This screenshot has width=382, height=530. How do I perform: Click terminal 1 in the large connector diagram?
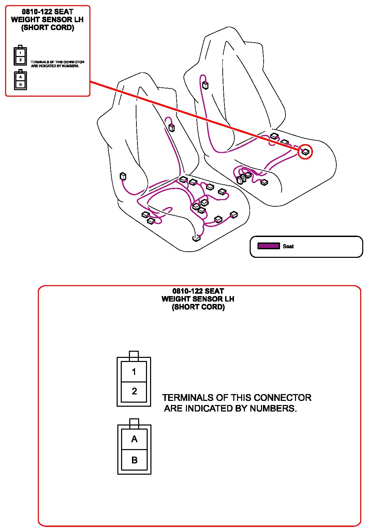[x=134, y=372]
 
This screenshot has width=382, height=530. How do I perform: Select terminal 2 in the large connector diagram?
[x=134, y=391]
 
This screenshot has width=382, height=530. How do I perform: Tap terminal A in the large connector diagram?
[x=134, y=439]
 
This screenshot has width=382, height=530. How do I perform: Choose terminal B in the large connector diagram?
[x=134, y=460]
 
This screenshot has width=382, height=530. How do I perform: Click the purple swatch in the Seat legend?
[x=268, y=246]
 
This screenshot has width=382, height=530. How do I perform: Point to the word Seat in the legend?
[x=288, y=246]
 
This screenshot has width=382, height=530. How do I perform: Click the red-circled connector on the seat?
[x=305, y=152]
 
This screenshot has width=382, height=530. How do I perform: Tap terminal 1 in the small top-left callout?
[x=20, y=53]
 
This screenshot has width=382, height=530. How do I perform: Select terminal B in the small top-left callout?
[x=20, y=84]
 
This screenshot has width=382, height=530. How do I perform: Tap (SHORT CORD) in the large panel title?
[x=198, y=307]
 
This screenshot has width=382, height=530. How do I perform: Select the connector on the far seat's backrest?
[x=205, y=85]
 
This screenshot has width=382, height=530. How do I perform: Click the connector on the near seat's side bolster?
[x=123, y=176]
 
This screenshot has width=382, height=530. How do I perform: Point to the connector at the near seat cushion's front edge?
[x=196, y=238]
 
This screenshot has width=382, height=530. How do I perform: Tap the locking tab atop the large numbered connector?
[x=134, y=355]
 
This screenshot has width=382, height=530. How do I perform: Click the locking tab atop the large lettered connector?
[x=134, y=423]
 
